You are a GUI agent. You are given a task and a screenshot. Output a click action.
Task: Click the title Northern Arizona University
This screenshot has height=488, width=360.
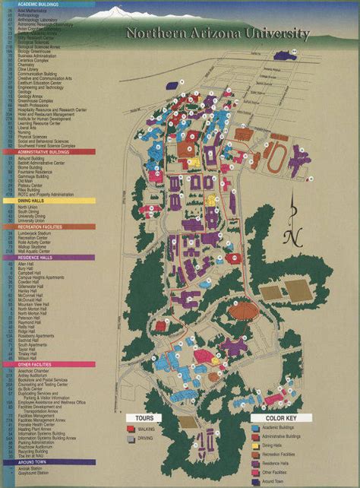217,33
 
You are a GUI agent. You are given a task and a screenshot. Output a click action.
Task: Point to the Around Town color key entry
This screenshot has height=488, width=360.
277,481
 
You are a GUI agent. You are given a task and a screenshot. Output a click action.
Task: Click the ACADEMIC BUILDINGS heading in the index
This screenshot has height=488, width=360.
46,4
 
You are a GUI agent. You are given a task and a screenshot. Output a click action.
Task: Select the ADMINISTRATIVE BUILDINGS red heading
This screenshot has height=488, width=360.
46,151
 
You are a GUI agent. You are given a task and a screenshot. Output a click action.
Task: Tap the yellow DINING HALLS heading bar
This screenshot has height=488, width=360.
46,201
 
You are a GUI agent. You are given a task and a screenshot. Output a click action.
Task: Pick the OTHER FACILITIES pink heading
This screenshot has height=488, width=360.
46,364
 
